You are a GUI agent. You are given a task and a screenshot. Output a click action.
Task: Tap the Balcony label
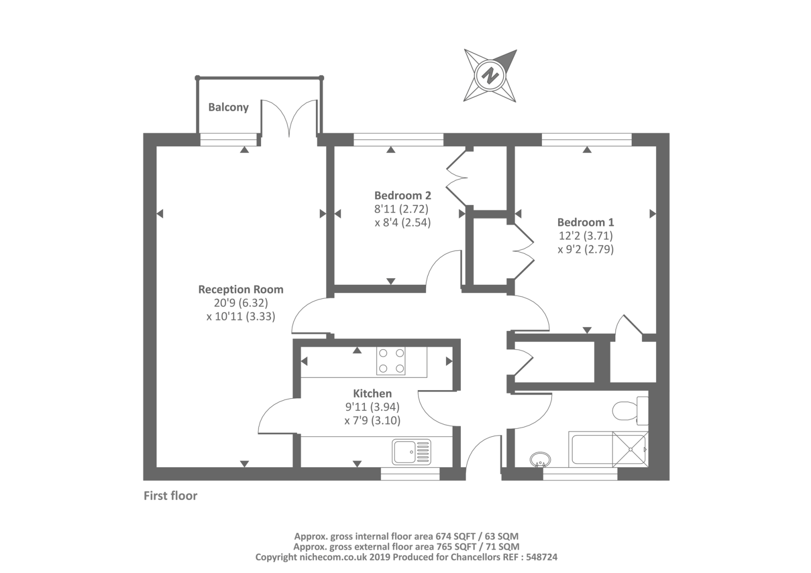coord(228,107)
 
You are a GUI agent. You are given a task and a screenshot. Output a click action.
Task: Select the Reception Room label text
coord(240,289)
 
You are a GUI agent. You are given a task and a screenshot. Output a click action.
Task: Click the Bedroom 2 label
coord(402,195)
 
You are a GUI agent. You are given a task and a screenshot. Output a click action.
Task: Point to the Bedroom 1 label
coord(585,222)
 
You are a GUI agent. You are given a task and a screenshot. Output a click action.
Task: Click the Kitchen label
coord(372,393)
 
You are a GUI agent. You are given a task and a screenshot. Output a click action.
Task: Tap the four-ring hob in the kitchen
coord(391,361)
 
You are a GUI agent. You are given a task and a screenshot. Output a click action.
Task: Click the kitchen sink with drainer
coord(412,452)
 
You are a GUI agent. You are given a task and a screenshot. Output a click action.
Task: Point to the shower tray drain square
coord(630,449)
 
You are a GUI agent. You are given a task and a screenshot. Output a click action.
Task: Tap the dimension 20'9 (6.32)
coord(240,303)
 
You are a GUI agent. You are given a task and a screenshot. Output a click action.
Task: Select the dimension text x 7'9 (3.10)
coord(372,421)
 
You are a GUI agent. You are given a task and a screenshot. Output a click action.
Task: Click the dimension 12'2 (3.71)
coord(585,236)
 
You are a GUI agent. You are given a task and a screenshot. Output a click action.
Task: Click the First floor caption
coord(170,495)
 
